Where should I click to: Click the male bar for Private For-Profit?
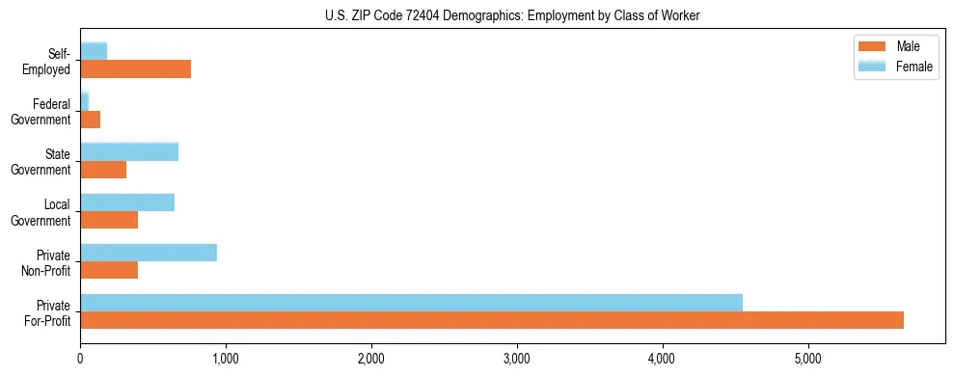click(492, 320)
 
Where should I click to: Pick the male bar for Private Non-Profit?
click(109, 270)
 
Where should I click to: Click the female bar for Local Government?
click(127, 202)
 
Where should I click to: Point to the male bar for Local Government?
click(109, 220)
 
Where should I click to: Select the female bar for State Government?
click(129, 151)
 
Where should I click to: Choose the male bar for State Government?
click(103, 170)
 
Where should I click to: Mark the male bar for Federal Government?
click(91, 120)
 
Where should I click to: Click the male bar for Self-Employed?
click(135, 69)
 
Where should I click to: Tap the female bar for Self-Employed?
click(94, 51)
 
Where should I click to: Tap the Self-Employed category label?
click(52, 61)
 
